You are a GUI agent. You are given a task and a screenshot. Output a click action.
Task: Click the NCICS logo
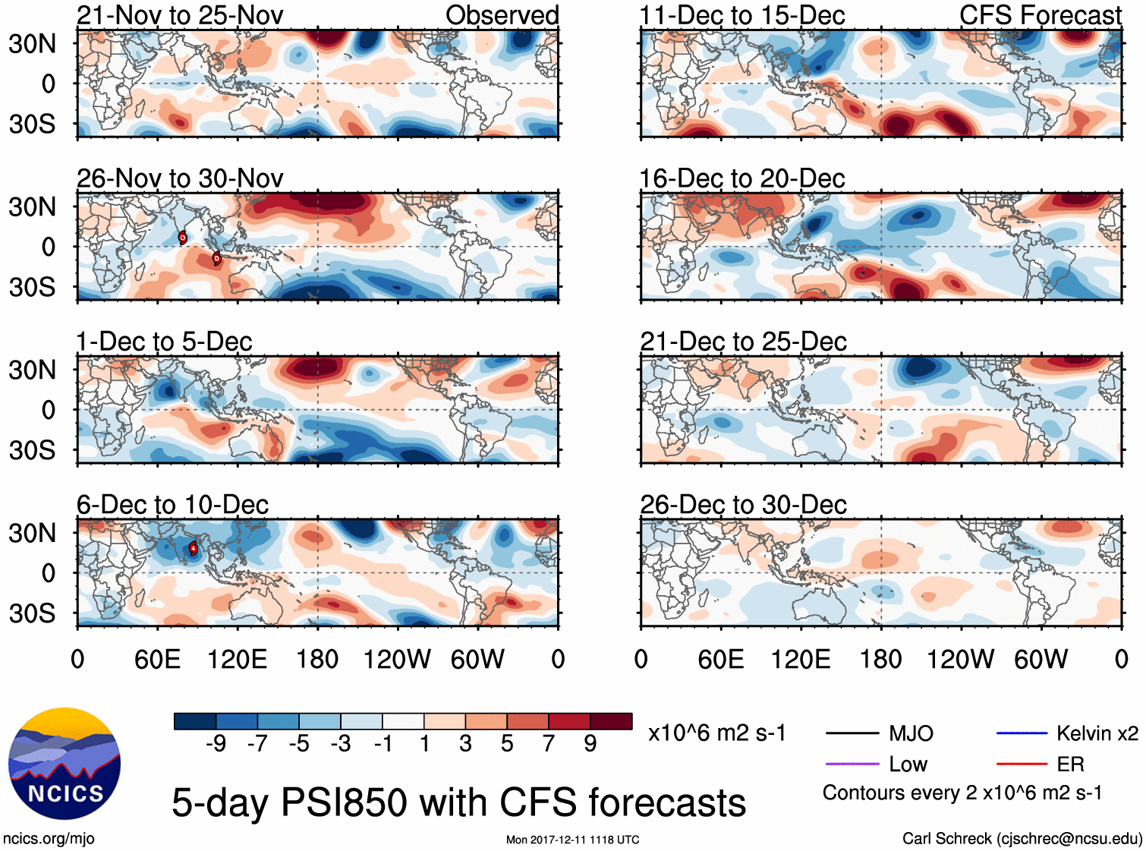(64, 764)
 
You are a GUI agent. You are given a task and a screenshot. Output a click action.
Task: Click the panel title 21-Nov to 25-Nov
(180, 15)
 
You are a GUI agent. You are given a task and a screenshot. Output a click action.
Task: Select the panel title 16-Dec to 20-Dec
(742, 178)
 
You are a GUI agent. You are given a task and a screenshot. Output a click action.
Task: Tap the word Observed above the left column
(502, 15)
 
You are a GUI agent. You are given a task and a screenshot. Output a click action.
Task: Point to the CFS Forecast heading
(1041, 15)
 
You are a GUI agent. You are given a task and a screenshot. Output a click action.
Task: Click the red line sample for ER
(1022, 764)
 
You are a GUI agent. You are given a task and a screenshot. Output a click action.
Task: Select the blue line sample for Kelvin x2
(1022, 733)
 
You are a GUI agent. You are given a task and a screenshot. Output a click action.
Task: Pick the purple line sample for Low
(852, 764)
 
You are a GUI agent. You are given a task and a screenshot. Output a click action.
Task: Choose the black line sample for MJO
(852, 733)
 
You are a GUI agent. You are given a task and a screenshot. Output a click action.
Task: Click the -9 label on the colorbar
(216, 744)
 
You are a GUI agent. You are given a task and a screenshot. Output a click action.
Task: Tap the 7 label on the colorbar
(549, 744)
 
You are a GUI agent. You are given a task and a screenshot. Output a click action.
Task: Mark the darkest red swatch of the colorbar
(611, 721)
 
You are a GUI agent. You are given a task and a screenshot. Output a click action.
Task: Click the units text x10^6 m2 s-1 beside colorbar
(716, 733)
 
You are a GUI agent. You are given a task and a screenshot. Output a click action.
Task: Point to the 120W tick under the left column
(397, 659)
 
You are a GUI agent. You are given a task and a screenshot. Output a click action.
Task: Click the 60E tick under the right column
(720, 659)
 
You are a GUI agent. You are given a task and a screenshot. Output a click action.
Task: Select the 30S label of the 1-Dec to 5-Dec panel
(32, 450)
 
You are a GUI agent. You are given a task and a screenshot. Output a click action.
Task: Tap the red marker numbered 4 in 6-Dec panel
(193, 548)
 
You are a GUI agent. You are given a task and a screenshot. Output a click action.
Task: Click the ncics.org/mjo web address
(49, 839)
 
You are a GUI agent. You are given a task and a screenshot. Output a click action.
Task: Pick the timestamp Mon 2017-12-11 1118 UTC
(572, 840)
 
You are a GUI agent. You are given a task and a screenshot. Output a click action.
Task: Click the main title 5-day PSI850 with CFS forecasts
(458, 802)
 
